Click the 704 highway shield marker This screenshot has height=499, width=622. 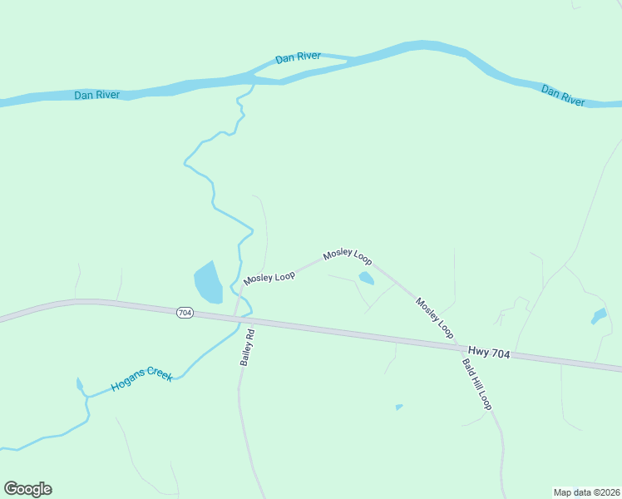185,313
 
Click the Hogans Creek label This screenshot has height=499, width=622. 141,381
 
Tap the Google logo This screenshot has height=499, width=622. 27,489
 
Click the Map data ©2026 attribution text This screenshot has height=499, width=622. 586,492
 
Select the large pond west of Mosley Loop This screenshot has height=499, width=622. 208,283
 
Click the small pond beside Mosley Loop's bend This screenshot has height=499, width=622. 365,279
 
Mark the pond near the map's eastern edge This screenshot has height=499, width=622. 599,316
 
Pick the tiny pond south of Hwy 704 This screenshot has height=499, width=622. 399,407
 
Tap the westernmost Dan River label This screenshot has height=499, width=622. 96,95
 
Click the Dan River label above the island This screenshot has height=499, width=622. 298,58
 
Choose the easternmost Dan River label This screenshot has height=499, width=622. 563,94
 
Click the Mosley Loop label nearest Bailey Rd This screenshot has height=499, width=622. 269,275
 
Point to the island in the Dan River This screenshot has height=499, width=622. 299,70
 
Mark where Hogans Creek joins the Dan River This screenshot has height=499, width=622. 251,83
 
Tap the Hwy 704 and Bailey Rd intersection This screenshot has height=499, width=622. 239,317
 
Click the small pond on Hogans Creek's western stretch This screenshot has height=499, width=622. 80,384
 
